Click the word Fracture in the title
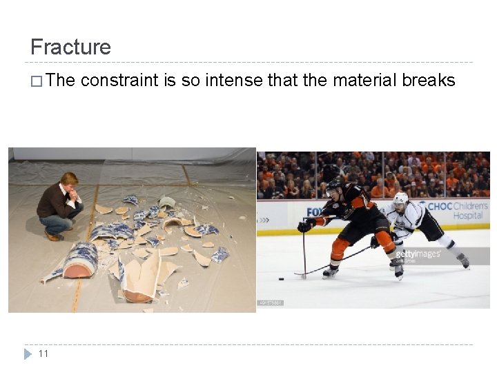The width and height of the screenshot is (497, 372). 70,47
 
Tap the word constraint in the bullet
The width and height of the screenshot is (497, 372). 119,81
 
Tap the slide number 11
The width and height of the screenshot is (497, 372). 43,353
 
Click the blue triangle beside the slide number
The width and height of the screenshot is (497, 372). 28,353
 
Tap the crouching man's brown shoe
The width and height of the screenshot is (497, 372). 52,236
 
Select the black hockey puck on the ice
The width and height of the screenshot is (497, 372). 281,279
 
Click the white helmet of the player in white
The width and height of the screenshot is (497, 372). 400,199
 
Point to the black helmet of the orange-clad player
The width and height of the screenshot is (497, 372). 334,185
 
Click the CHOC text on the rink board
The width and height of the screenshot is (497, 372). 440,206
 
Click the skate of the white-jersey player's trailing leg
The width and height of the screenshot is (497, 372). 462,260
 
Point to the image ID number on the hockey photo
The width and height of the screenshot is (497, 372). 270,302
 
